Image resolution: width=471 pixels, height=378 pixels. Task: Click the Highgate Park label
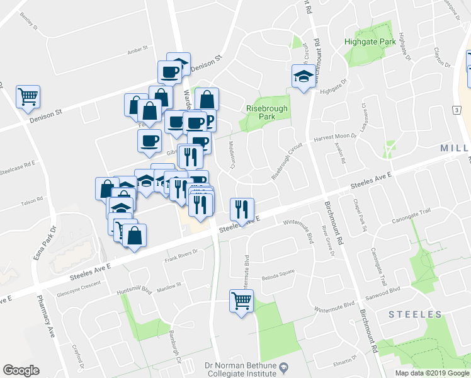(370, 42)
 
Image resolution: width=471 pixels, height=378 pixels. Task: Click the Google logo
(21, 370)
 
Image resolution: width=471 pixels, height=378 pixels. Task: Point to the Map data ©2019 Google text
(432, 373)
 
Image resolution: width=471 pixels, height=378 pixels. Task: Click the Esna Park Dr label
(53, 241)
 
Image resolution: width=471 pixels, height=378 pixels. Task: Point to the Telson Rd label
(31, 199)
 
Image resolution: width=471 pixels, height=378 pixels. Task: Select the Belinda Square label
(278, 275)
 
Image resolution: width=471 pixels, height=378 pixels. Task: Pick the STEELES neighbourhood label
(415, 314)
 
